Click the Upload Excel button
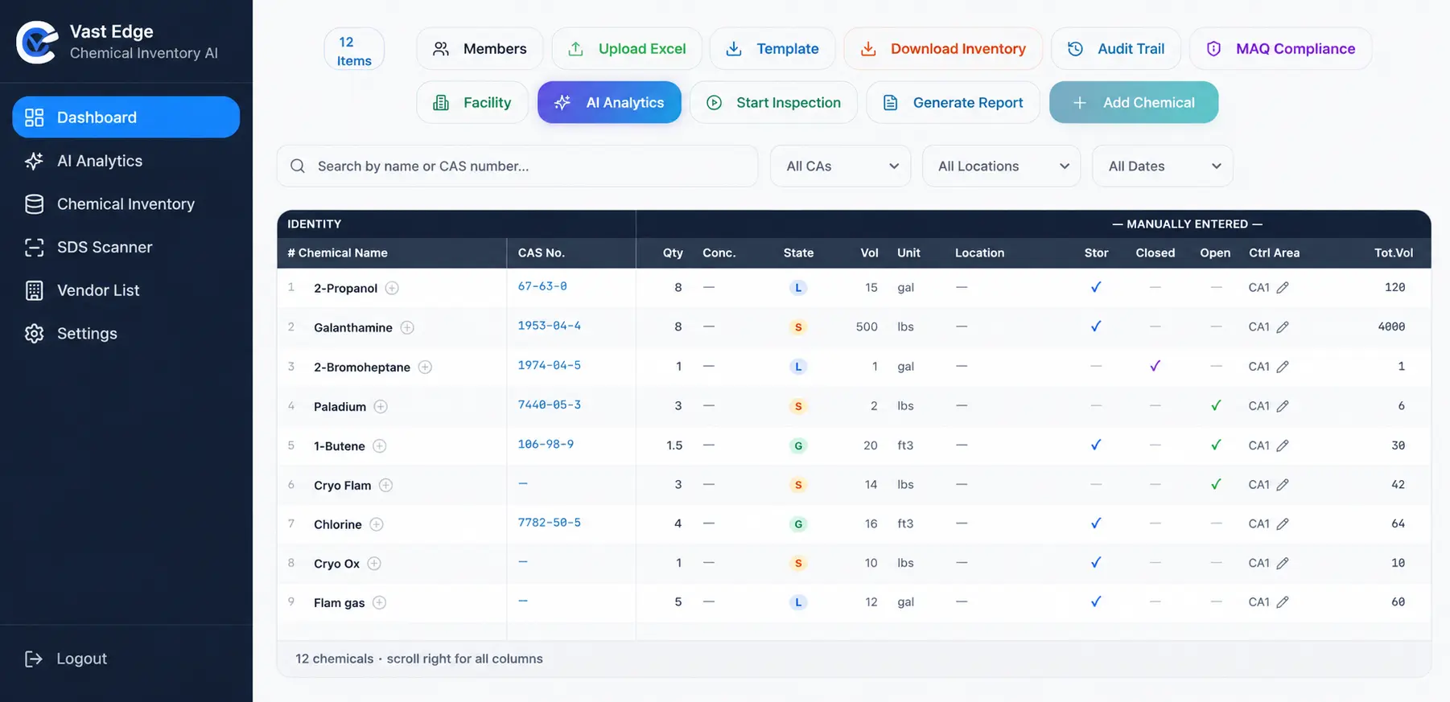(627, 49)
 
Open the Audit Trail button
(1115, 49)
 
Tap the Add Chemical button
(1133, 103)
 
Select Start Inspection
(773, 103)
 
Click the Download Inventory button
(943, 49)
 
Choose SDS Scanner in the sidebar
(105, 248)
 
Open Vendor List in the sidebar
(98, 290)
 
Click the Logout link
(66, 659)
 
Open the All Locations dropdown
(1001, 166)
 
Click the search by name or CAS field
(517, 166)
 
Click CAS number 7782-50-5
(550, 523)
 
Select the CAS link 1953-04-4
(550, 326)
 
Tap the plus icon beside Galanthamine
(407, 327)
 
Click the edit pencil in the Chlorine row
(1283, 524)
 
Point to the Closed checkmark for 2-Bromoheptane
(1155, 366)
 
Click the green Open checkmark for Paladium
(1216, 405)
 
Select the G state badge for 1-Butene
(798, 445)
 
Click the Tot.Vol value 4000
(1391, 326)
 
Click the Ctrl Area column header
(1274, 252)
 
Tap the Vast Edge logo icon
(38, 43)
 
